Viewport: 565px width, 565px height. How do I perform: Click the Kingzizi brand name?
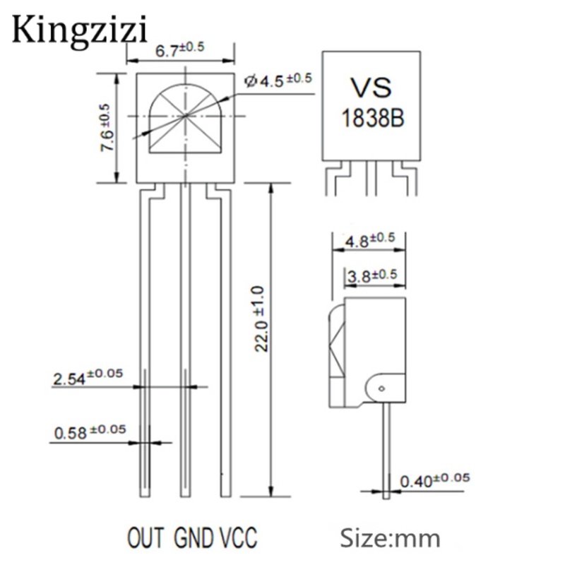(x=80, y=31)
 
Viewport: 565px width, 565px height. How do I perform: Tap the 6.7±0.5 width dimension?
(x=180, y=49)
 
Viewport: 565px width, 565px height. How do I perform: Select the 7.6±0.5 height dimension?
(x=107, y=128)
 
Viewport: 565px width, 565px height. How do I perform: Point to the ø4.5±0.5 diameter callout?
(x=278, y=80)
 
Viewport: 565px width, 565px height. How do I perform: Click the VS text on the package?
(x=371, y=88)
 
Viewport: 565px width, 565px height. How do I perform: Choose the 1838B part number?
(x=373, y=118)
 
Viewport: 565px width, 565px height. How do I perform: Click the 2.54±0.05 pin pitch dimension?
(x=88, y=377)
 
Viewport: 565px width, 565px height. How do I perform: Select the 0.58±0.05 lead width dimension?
(x=90, y=432)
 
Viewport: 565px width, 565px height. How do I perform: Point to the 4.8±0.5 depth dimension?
(x=370, y=240)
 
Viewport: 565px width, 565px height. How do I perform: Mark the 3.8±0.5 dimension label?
(x=372, y=276)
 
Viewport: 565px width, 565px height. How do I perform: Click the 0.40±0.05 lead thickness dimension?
(x=435, y=480)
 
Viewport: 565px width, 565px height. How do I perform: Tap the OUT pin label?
(x=145, y=537)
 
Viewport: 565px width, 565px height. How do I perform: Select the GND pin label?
(x=193, y=537)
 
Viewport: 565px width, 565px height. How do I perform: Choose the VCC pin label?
(x=238, y=537)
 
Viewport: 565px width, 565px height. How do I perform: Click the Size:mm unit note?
(x=390, y=538)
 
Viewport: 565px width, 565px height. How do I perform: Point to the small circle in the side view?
(x=382, y=388)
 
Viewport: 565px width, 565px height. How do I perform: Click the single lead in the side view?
(x=386, y=451)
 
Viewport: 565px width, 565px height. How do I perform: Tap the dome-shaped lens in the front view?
(x=186, y=119)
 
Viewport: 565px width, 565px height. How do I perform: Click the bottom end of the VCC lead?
(x=226, y=497)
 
